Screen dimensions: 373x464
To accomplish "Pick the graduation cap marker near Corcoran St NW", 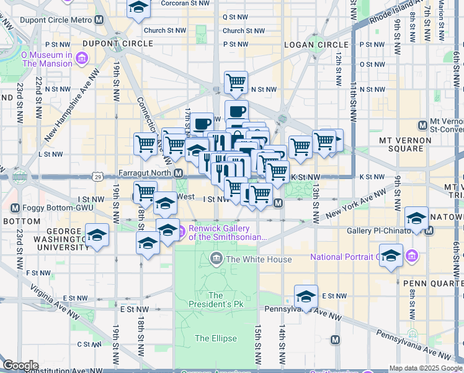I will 139,8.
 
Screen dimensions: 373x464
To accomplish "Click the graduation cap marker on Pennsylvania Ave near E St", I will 306,297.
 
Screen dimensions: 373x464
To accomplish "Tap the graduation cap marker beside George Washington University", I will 97,235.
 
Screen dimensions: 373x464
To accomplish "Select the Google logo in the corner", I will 20,366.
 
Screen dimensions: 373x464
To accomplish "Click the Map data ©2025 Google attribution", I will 426,368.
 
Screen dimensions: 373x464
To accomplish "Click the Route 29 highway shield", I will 99,177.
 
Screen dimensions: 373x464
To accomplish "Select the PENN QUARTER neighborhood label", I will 433,283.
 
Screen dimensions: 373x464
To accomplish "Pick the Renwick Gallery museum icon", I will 181,233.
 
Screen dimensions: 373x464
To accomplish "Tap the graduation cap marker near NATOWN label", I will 416,218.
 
